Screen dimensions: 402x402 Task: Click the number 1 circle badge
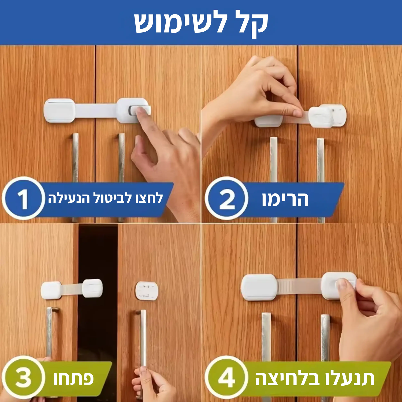(23, 199)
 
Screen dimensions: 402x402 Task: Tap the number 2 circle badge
(226, 199)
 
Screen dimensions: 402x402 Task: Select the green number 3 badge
(23, 378)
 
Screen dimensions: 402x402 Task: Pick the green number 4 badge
(226, 378)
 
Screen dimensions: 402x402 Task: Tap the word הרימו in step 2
(285, 199)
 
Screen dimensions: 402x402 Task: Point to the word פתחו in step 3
(73, 378)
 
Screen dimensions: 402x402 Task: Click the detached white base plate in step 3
(147, 291)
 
